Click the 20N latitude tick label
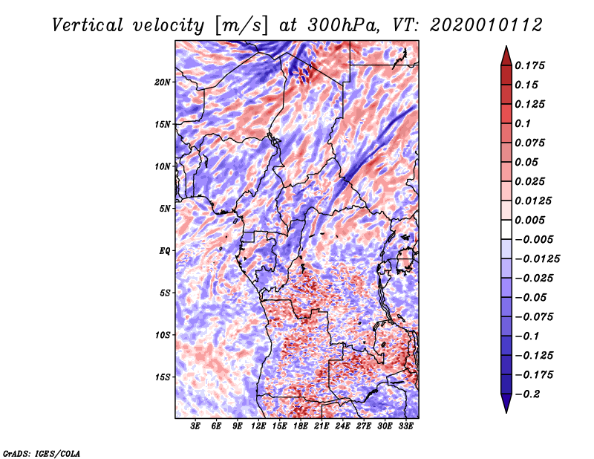pyautogui.click(x=163, y=82)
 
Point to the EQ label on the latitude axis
pyautogui.click(x=165, y=251)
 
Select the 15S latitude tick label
pyautogui.click(x=163, y=377)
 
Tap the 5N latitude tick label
pyautogui.click(x=165, y=209)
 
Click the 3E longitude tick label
pyautogui.click(x=196, y=426)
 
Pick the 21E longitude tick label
pyautogui.click(x=322, y=426)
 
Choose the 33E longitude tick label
pyautogui.click(x=405, y=426)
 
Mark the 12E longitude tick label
pyautogui.click(x=258, y=426)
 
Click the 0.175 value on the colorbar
pyautogui.click(x=530, y=65)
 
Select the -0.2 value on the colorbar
pyautogui.click(x=529, y=394)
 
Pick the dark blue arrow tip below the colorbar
pyautogui.click(x=505, y=406)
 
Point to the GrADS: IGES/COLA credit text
pyautogui.click(x=41, y=452)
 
